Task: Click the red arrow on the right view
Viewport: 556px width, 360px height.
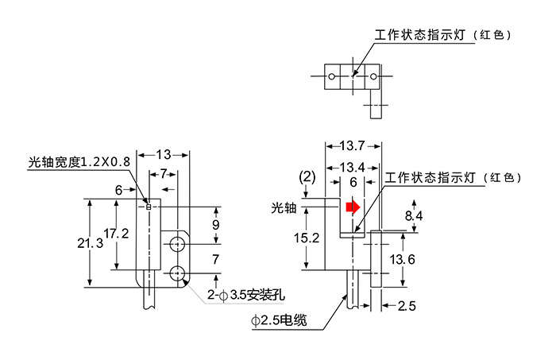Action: click(x=352, y=208)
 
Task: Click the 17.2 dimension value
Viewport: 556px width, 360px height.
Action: click(x=116, y=234)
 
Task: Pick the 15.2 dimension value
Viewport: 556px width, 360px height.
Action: click(x=306, y=237)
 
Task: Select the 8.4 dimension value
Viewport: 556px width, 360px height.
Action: click(x=414, y=215)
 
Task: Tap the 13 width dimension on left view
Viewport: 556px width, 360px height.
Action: click(x=162, y=153)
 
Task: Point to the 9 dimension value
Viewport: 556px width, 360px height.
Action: click(x=216, y=225)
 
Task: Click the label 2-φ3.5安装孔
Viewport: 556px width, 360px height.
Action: click(x=244, y=296)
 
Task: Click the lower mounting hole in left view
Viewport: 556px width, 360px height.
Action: click(x=177, y=273)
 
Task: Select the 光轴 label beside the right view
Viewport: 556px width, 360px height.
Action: click(x=284, y=208)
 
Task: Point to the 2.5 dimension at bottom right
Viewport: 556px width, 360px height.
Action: click(x=407, y=305)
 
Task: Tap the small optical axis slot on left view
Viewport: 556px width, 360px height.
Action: click(x=149, y=207)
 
